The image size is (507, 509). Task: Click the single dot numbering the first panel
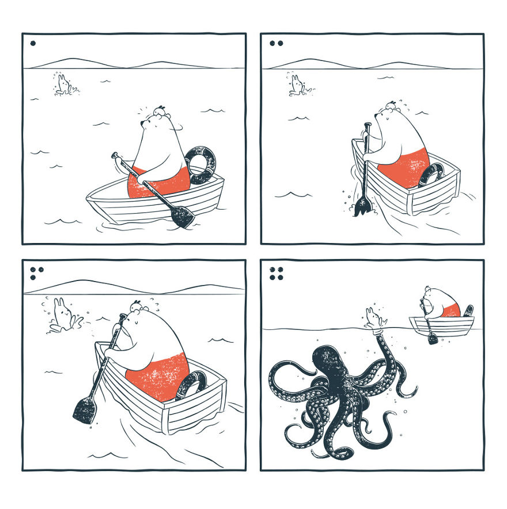(33, 43)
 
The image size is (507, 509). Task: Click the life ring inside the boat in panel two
(432, 173)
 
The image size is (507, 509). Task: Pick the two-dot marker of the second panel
(276, 43)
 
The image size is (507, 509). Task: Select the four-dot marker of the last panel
(276, 273)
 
